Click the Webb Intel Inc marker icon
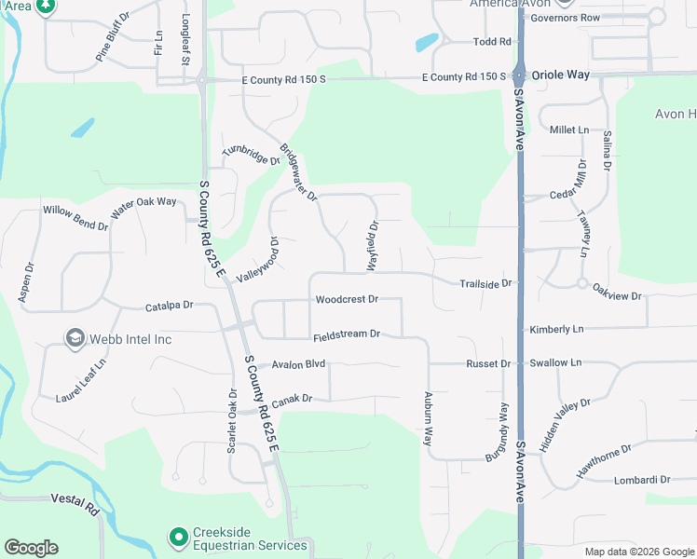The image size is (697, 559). [x=74, y=338]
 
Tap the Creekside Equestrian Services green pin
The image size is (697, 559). [x=178, y=537]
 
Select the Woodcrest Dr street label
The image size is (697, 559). [x=347, y=300]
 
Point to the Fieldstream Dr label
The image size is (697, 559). [x=347, y=334]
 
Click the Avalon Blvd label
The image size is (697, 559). [x=298, y=364]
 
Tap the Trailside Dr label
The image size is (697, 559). [x=486, y=283]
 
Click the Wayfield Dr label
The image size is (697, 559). [x=373, y=245]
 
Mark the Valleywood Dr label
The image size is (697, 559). [x=259, y=260]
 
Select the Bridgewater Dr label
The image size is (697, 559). [x=299, y=172]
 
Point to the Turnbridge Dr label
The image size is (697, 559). [x=251, y=156]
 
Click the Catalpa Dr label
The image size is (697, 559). [x=169, y=306]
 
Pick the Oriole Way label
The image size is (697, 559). [x=561, y=75]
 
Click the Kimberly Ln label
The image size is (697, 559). [x=556, y=330]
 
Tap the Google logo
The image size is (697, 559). [x=31, y=548]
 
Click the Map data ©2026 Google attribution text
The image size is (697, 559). [x=638, y=552]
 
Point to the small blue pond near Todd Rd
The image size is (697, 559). [x=427, y=42]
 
